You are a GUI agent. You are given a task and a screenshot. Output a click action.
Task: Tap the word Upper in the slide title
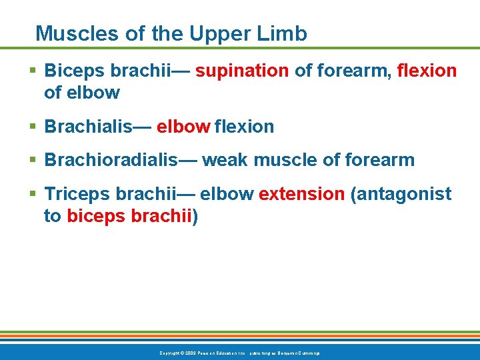coord(216,33)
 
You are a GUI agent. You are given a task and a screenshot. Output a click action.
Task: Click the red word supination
coord(242,71)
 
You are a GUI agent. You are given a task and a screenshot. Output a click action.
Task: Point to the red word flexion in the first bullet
coord(427,71)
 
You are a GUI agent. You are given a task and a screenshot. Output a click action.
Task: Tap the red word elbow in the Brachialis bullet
coord(183,126)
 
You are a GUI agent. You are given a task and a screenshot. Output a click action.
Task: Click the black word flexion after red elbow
coord(244,126)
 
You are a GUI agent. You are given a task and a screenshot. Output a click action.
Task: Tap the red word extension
coord(301,195)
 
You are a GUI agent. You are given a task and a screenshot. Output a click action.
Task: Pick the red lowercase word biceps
coord(94,217)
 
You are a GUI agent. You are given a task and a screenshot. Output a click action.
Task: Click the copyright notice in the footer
coord(239,352)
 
